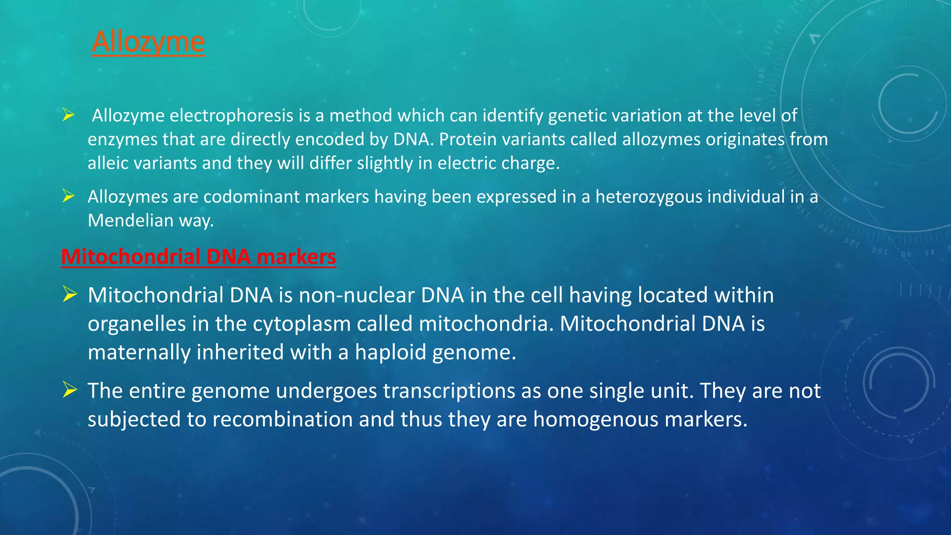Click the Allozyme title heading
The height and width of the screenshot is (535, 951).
148,42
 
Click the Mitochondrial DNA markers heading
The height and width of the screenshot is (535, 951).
198,257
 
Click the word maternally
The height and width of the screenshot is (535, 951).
139,352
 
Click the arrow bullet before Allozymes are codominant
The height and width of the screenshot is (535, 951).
69,196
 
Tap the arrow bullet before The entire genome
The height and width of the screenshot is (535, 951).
70,390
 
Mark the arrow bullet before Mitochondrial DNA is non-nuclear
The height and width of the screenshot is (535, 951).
70,294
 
